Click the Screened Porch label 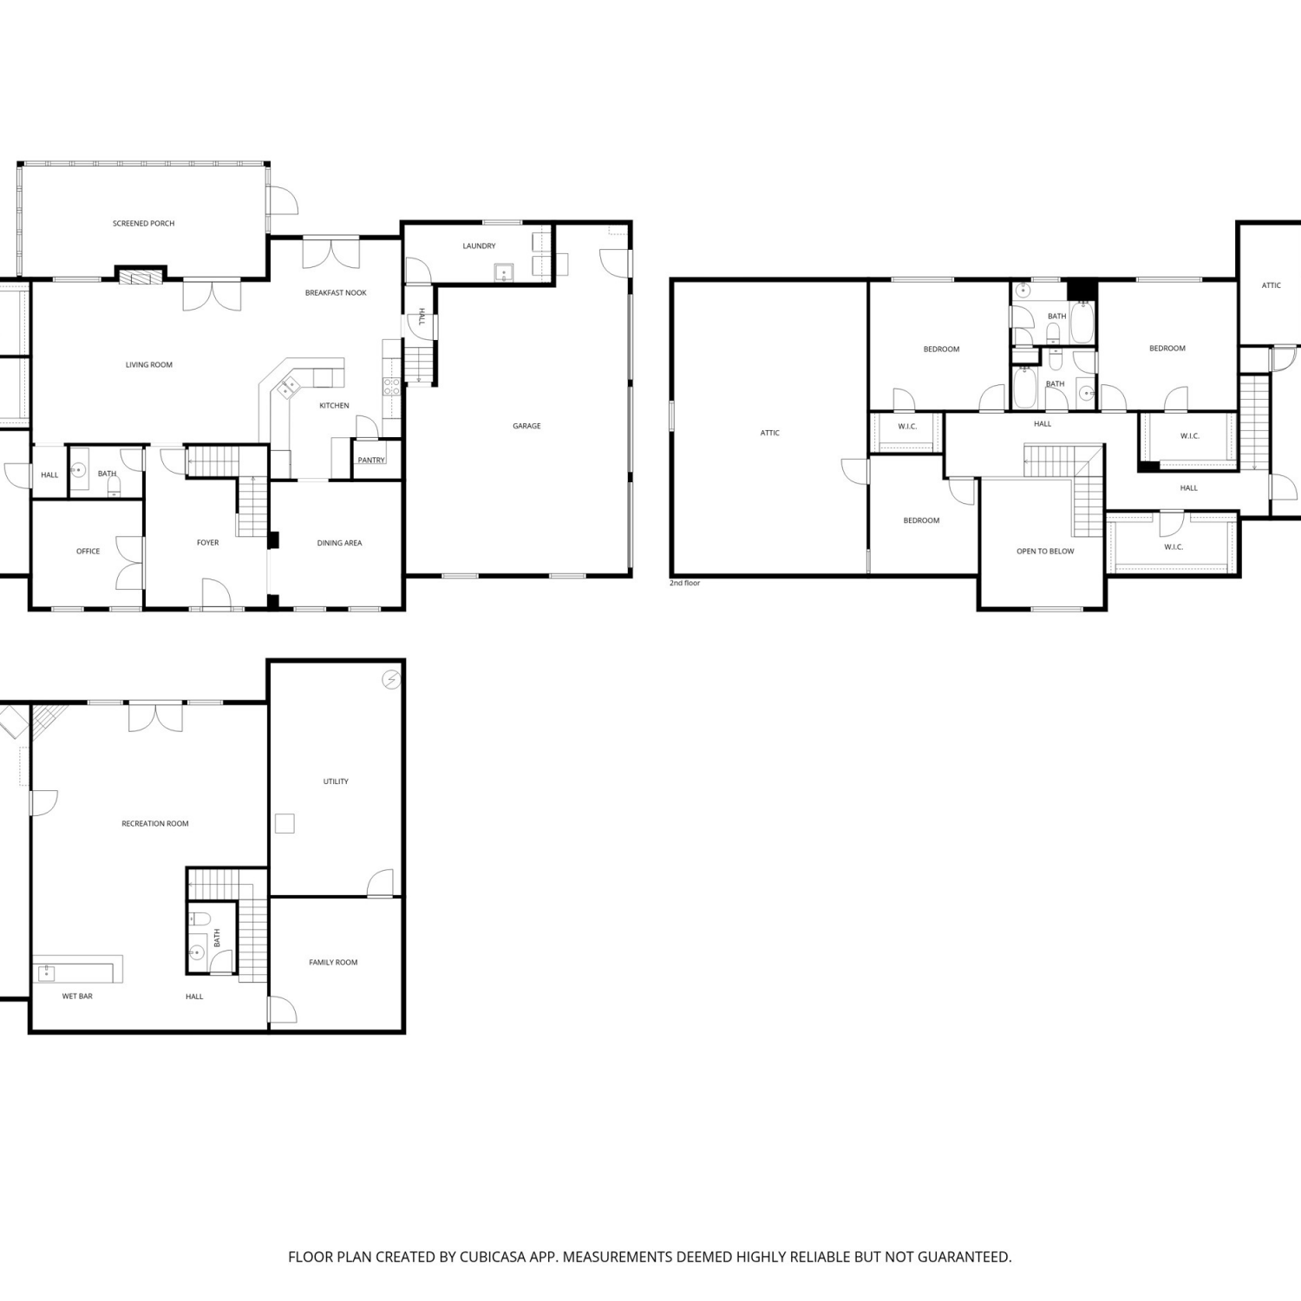tap(144, 224)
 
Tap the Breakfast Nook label tap(336, 293)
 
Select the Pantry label tap(371, 461)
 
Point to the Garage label tap(526, 426)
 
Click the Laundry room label tap(479, 246)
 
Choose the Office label tap(88, 552)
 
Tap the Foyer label tap(207, 543)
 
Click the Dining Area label tap(339, 543)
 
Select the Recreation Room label tap(155, 824)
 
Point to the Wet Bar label tap(77, 997)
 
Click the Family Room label tap(333, 963)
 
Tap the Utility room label tap(336, 782)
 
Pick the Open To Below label tap(1045, 552)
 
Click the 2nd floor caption tap(684, 583)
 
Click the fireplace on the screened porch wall tap(141, 277)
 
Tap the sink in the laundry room tap(504, 273)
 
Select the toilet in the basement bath tap(199, 918)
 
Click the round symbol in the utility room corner tap(392, 679)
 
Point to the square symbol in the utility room tap(284, 823)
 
